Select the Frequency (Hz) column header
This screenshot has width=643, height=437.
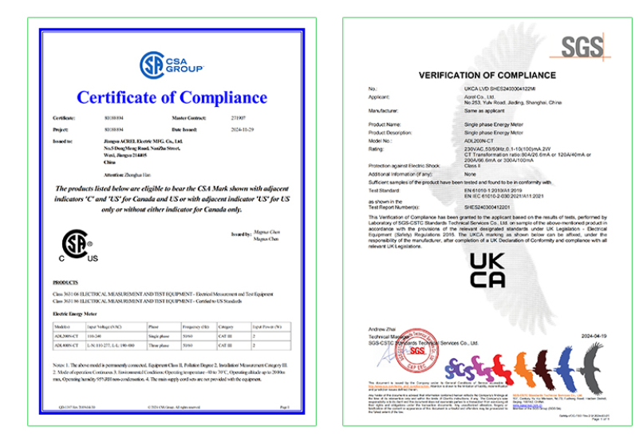click(x=195, y=327)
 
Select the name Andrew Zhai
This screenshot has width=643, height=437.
click(x=382, y=329)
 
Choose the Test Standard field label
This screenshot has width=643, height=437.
click(x=384, y=191)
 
